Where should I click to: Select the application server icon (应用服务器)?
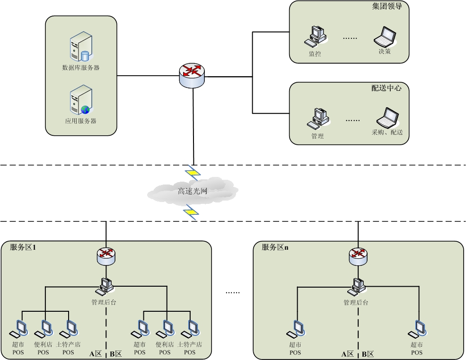coord(80,100)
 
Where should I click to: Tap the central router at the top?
coord(193,74)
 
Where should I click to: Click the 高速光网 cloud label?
coord(193,191)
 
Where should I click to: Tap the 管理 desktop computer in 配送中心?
coord(318,118)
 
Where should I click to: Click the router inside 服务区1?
coord(106,255)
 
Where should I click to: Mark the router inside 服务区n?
coord(357,255)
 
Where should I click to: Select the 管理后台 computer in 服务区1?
coord(106,285)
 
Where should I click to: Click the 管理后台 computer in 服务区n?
coord(357,285)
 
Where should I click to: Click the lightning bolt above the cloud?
coord(192,173)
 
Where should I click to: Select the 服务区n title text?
coord(275,247)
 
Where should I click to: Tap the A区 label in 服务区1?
coord(96,353)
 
